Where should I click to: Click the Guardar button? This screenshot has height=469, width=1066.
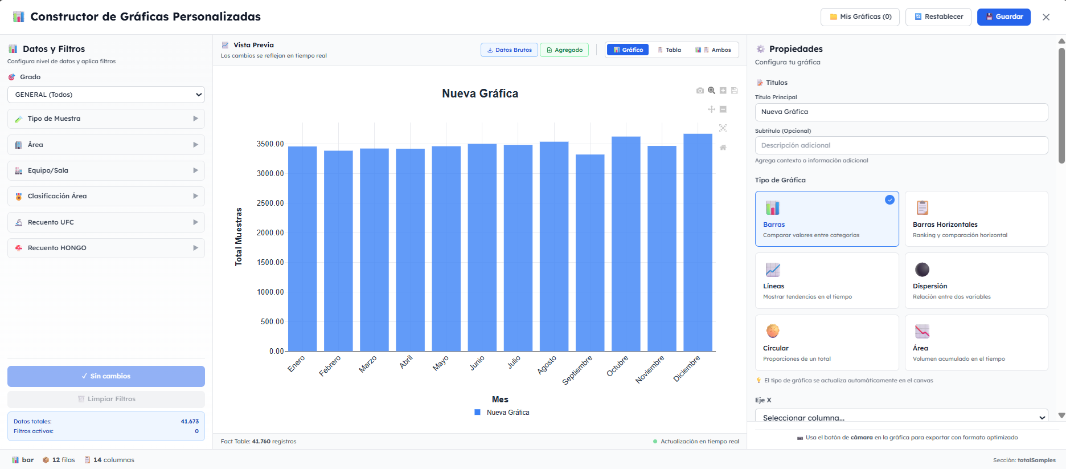coord(1003,17)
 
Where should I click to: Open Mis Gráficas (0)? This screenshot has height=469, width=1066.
coord(860,17)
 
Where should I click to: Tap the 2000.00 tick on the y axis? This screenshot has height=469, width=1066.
coord(270,233)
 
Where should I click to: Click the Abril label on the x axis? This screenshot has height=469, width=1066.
coord(405,362)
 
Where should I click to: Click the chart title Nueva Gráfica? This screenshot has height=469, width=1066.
coord(480,93)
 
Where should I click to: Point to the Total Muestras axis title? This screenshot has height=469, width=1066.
coord(239,236)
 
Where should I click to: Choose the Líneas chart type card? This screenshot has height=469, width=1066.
coord(826,280)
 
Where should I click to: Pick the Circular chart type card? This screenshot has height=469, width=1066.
coord(826,342)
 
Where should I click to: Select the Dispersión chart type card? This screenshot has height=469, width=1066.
coord(976,280)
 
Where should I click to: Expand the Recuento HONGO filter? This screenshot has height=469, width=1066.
coord(106,248)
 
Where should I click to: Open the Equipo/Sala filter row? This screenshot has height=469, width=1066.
coord(106,170)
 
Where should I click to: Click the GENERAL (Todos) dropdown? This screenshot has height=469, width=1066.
coord(106,95)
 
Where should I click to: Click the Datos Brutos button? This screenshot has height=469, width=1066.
coord(509,50)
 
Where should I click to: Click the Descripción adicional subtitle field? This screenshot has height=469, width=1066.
coord(901,145)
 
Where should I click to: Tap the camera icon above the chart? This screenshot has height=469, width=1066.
coord(700,91)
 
